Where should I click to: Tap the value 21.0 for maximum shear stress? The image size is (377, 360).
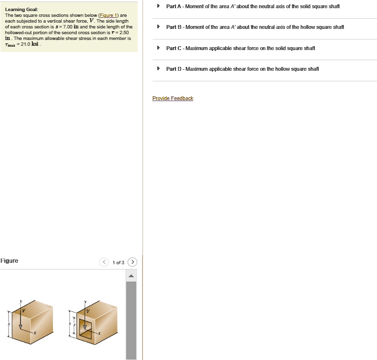pyautogui.click(x=23, y=44)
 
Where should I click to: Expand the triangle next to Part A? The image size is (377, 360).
pyautogui.click(x=158, y=6)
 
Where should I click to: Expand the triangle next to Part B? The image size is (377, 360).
pyautogui.click(x=158, y=27)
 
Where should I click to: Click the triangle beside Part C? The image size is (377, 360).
pyautogui.click(x=158, y=48)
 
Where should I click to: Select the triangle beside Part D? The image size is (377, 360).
pyautogui.click(x=158, y=69)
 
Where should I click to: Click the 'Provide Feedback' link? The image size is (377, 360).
pyautogui.click(x=172, y=99)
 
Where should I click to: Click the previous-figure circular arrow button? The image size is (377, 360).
pyautogui.click(x=104, y=262)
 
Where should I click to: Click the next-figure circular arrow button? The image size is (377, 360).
pyautogui.click(x=133, y=262)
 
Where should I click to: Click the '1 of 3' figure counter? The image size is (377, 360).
pyautogui.click(x=118, y=263)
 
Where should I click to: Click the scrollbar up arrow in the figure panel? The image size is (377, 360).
pyautogui.click(x=131, y=276)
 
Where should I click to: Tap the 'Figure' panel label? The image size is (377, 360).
pyautogui.click(x=9, y=261)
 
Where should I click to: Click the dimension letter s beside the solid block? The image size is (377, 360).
pyautogui.click(x=8, y=324)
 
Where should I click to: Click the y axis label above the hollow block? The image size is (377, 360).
pyautogui.click(x=85, y=302)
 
